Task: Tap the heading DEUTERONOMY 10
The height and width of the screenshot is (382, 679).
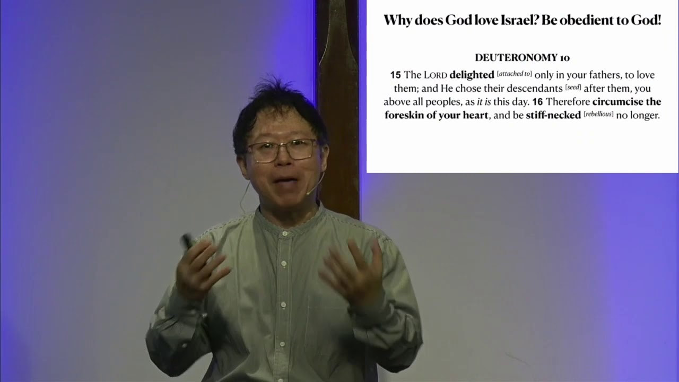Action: [522, 57]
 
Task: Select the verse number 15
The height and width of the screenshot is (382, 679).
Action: [395, 75]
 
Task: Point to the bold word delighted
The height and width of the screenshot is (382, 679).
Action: [472, 75]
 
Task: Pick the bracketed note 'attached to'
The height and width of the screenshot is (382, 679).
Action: [514, 74]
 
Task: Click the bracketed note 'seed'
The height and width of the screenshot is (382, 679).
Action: [573, 87]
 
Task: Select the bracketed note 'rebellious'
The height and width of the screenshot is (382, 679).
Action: [598, 114]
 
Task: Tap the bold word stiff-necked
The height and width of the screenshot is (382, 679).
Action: [553, 115]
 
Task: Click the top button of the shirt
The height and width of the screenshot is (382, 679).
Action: [285, 233]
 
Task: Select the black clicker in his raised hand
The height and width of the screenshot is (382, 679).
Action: [187, 241]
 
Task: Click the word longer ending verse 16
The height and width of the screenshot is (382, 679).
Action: [644, 115]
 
